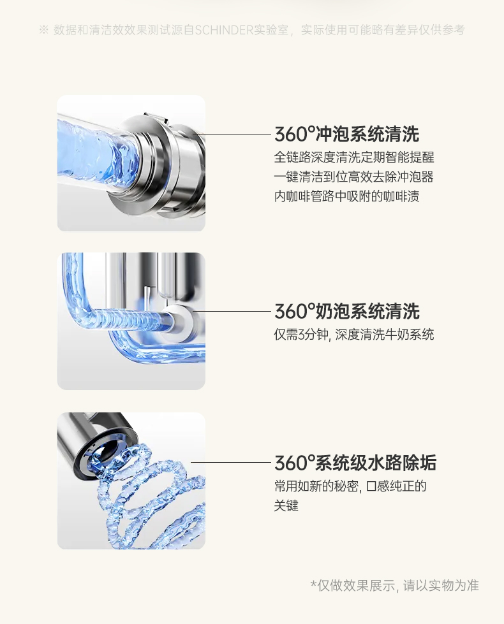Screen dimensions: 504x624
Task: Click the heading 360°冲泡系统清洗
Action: tap(346, 134)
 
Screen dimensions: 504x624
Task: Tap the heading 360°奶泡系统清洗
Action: tap(346, 311)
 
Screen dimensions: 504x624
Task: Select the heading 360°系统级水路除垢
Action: tap(355, 463)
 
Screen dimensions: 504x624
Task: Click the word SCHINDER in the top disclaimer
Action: tap(225, 30)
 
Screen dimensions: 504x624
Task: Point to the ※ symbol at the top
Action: tap(44, 30)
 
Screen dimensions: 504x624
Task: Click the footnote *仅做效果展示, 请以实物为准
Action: tap(394, 585)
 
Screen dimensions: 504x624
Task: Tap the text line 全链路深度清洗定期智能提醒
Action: tap(354, 157)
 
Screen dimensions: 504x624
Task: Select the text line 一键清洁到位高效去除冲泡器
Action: tap(354, 177)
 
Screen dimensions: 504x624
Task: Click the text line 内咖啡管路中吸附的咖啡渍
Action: tap(346, 196)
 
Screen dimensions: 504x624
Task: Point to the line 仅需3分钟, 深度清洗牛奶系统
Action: tap(354, 334)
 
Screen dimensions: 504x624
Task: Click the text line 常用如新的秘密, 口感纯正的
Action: tap(350, 486)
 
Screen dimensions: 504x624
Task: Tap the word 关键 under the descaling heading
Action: tap(286, 506)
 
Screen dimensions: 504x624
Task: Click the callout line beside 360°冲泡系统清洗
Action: tap(233, 134)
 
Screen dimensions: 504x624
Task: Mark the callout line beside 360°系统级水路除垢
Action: tap(231, 463)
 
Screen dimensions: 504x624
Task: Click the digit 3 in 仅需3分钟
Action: tap(302, 335)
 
